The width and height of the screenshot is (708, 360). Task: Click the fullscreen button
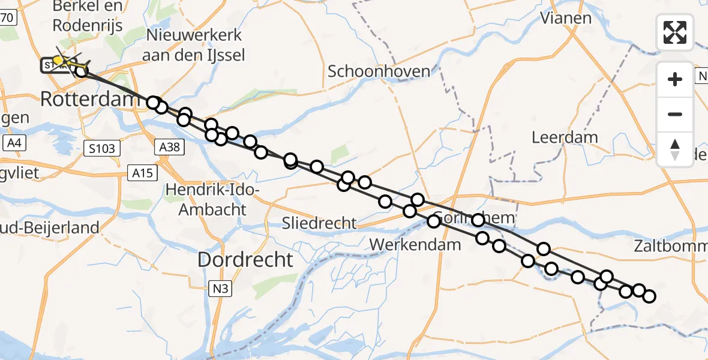point(675,32)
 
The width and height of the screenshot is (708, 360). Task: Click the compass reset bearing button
point(675,149)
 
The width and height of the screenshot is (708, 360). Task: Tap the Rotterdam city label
point(89,99)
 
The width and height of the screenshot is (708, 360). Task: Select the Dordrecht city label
point(245,260)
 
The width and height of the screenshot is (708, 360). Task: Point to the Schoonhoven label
point(379,71)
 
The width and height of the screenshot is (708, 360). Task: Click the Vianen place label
point(566,17)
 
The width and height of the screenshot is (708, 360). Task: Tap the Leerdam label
point(565,137)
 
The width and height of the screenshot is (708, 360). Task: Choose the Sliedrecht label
point(319,224)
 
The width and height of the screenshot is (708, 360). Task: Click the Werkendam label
point(415,244)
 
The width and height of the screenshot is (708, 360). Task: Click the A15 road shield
point(142,173)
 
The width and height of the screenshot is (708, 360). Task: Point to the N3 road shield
point(220,289)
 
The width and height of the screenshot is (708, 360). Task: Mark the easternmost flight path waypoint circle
point(649,296)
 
